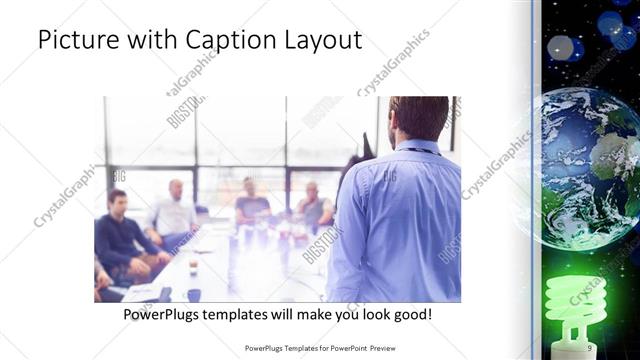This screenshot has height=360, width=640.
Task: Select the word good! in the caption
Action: [x=411, y=315]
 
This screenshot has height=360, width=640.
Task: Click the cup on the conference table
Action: [x=193, y=266]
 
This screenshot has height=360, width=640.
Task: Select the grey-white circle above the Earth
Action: [x=560, y=47]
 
